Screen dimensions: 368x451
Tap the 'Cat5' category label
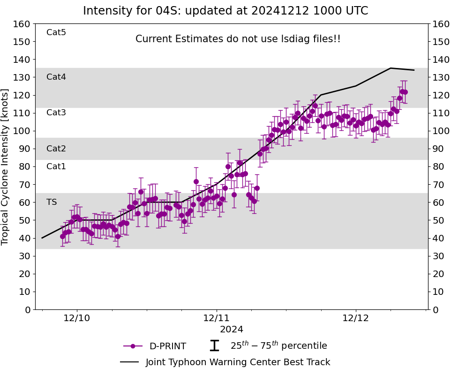tap(56, 32)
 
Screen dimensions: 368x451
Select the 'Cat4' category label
tap(56, 77)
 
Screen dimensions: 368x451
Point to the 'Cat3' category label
tap(56, 113)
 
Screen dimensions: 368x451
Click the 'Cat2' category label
tap(56, 149)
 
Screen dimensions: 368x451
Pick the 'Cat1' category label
tap(56, 166)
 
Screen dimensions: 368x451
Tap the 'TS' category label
tap(52, 202)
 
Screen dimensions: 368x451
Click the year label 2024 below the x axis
tap(232, 330)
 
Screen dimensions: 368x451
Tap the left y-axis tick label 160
tap(22, 24)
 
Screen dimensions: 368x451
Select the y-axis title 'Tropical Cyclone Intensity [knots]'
tap(6, 166)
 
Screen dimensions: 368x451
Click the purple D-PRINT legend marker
tap(133, 346)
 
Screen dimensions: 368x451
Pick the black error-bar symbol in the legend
tap(214, 346)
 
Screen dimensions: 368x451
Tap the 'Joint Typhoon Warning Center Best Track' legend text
tap(238, 362)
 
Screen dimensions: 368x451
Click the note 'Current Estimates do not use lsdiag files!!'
tap(238, 39)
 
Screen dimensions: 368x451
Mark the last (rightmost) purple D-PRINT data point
tap(405, 92)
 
